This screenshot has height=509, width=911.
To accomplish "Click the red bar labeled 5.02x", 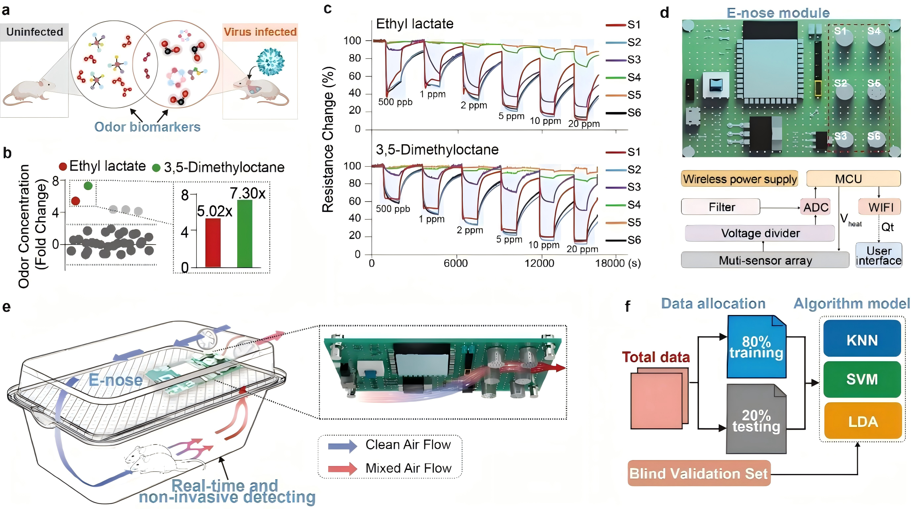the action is [x=213, y=243].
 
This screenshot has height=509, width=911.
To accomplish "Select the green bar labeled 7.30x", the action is [x=245, y=234].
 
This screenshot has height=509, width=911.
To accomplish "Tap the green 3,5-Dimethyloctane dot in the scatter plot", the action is [x=88, y=185].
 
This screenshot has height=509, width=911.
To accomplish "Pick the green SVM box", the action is [x=862, y=379].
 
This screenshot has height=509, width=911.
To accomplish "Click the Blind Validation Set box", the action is [x=699, y=473].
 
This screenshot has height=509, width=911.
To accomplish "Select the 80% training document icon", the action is [x=757, y=347].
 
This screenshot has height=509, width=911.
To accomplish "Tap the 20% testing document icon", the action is [x=756, y=419].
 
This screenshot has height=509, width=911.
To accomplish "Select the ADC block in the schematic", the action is [x=815, y=207].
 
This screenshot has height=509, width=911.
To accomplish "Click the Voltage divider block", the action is [x=759, y=233].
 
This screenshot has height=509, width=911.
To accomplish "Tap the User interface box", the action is [x=879, y=255].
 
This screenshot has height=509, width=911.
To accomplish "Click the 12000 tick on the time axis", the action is [x=539, y=263].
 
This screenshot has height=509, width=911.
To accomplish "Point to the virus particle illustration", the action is [x=270, y=62].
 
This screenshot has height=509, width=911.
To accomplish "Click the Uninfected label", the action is [x=35, y=32].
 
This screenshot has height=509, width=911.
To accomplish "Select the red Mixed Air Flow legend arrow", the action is [x=342, y=469].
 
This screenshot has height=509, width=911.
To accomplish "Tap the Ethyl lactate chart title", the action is [x=414, y=24].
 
